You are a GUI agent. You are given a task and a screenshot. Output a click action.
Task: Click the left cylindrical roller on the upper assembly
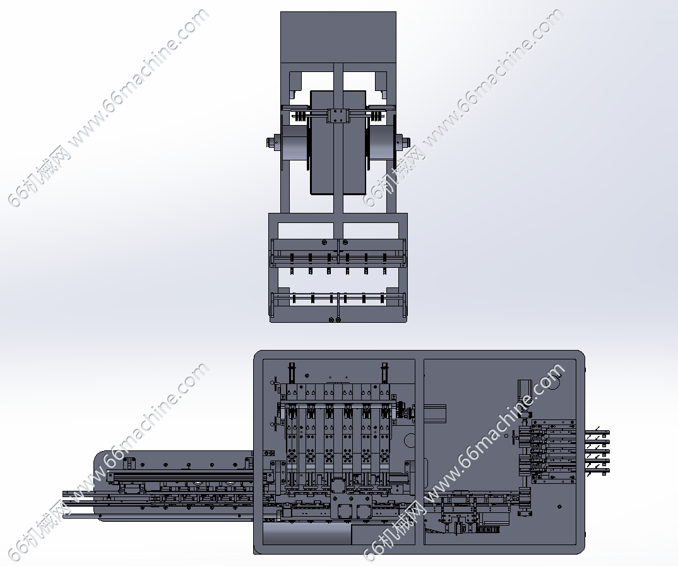(294, 142)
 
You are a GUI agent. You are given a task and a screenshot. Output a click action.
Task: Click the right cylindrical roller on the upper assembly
(383, 142)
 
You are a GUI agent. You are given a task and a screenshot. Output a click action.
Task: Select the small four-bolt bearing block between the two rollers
(338, 116)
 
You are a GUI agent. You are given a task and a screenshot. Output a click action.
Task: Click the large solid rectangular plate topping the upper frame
(338, 37)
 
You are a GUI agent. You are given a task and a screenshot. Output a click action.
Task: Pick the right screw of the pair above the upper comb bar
(345, 243)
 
